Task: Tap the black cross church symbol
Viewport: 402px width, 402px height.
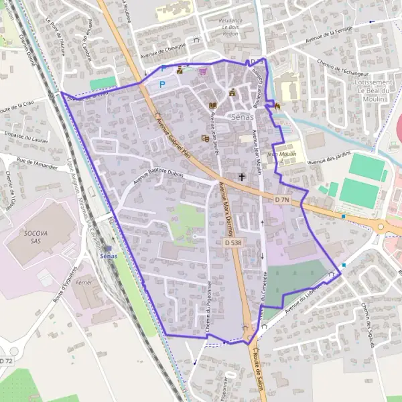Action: (242, 177)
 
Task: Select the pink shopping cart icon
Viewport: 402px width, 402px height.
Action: (203, 71)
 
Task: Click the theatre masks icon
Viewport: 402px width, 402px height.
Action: (205, 139)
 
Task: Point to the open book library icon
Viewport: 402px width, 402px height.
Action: (213, 106)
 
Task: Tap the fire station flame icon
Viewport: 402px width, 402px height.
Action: (275, 105)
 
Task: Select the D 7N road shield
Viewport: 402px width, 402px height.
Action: (282, 200)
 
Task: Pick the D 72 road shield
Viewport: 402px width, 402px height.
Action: (6, 361)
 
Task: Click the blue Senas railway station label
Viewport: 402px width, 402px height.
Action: (107, 256)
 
